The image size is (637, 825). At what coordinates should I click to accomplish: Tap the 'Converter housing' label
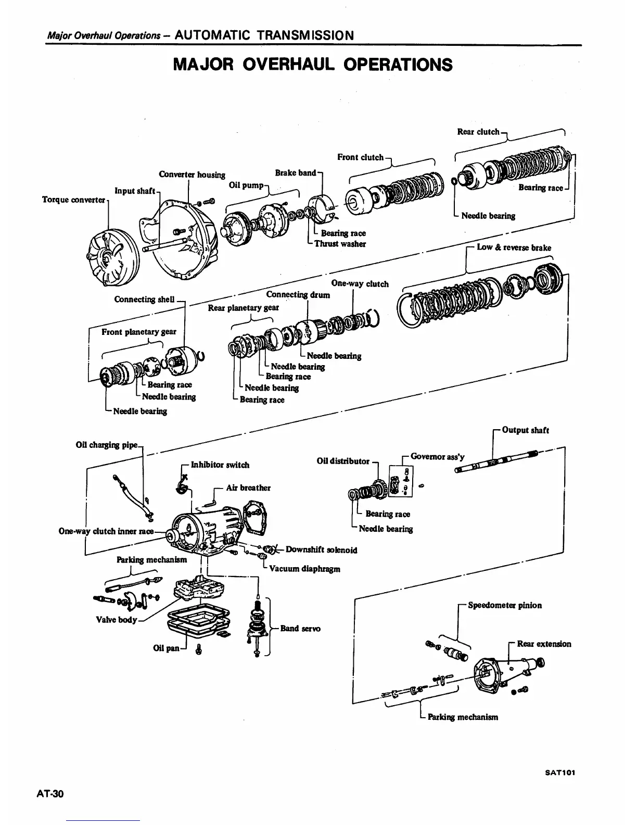tap(192, 174)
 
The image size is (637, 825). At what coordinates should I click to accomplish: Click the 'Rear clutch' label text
tap(478, 132)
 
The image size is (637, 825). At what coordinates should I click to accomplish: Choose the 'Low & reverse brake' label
tap(514, 247)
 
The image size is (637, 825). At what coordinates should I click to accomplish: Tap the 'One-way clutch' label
tap(360, 284)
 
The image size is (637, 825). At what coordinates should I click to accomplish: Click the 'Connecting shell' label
tap(144, 299)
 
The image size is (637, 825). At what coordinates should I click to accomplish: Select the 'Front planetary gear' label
tap(138, 332)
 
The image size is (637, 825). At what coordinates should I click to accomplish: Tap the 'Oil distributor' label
tap(343, 461)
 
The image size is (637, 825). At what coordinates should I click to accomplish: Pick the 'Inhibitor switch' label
tap(220, 465)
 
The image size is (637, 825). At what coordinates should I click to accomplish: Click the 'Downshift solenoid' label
tap(321, 550)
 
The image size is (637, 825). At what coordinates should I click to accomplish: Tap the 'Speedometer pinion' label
tap(504, 605)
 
